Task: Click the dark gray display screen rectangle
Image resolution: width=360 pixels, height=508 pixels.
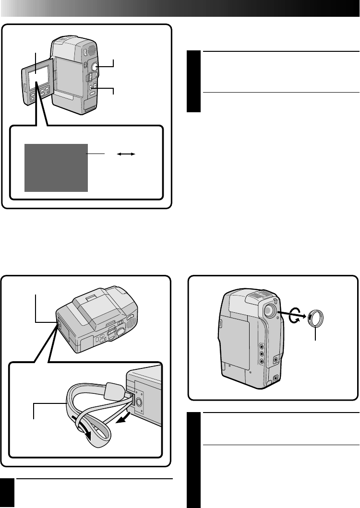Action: (x=56, y=167)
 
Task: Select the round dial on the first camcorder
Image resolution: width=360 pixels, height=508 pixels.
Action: (x=95, y=67)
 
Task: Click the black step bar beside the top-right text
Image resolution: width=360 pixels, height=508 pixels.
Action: (x=193, y=82)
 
